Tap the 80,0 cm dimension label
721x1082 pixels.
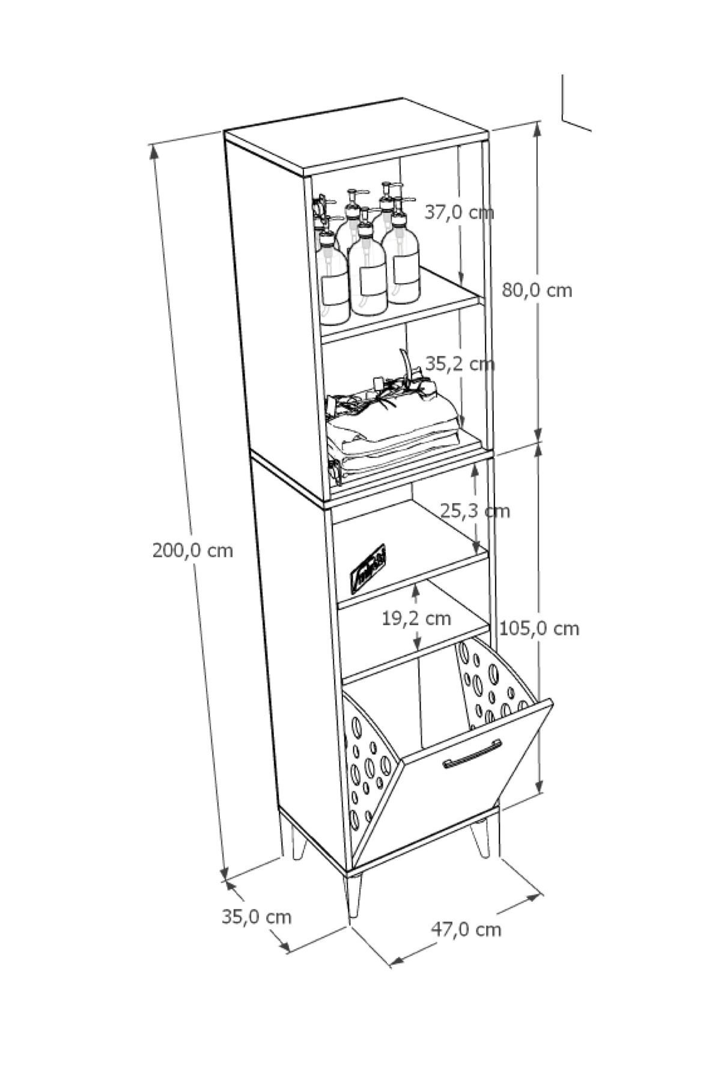537,290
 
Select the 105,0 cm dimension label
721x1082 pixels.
540,629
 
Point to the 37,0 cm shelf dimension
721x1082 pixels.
459,212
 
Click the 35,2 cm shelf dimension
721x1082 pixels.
460,364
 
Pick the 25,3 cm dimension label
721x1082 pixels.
475,511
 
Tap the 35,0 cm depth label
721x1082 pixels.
257,917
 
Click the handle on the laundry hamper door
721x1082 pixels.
472,754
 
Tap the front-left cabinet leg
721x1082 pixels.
353,896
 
